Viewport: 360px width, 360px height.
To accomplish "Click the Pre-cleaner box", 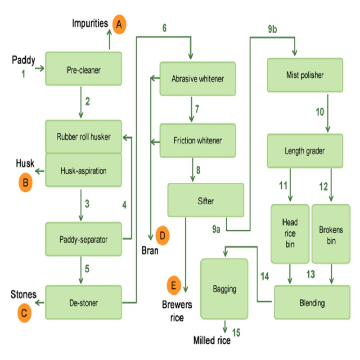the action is [84, 69].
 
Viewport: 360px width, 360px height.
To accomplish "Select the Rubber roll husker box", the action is [84, 136].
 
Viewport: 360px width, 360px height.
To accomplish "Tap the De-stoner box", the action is [84, 302].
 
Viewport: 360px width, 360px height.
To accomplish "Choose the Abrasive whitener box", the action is [198, 79].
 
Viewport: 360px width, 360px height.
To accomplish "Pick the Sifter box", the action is [206, 200].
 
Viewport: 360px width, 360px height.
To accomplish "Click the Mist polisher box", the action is [305, 75].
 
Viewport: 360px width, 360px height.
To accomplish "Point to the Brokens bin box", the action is [331, 234].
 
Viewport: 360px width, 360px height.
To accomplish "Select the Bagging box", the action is [224, 289].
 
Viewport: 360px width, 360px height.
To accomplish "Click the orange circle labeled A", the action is [119, 24].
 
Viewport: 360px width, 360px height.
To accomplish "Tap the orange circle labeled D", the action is [162, 235].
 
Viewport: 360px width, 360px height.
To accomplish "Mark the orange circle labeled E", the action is [174, 285].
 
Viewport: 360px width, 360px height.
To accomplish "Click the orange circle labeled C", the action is [24, 313].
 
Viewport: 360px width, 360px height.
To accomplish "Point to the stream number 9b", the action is [273, 29].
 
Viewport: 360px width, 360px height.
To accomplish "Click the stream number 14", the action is [265, 276].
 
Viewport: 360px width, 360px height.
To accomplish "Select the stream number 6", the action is [164, 28].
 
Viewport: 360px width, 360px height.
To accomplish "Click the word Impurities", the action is [90, 23].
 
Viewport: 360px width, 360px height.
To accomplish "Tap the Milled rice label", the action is [212, 340].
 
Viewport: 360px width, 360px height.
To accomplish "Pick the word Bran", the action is [150, 251].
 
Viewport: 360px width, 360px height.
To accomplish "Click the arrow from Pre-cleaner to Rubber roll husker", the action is [81, 103].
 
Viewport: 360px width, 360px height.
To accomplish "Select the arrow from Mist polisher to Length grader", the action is [328, 113].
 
